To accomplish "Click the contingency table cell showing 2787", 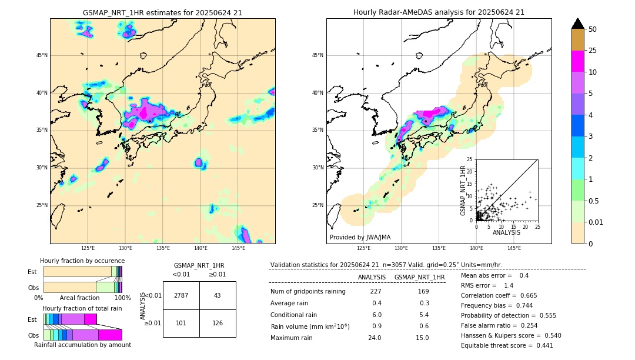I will (x=181, y=295).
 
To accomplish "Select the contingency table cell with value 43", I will (x=218, y=295).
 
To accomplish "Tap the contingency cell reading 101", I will (x=181, y=323).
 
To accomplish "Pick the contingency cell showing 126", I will (x=218, y=323).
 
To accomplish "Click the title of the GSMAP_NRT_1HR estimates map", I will (x=162, y=12).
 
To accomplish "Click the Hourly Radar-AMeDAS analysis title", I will (x=439, y=12).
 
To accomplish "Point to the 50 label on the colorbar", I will (x=593, y=29).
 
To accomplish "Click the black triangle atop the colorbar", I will (x=578, y=24).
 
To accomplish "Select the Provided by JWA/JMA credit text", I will (x=360, y=237).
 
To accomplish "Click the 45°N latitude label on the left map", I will (x=42, y=55).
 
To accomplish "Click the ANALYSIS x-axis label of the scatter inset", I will (x=506, y=232).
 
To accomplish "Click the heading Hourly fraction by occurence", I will (x=82, y=261).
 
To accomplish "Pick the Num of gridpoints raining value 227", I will (x=376, y=291).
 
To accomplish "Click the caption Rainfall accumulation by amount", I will (x=82, y=345).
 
